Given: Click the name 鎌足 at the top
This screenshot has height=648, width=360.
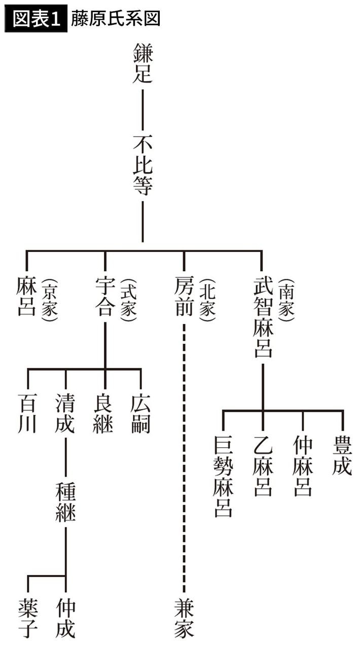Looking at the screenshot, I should tap(142, 63).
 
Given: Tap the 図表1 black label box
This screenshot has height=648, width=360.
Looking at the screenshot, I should tap(35, 18).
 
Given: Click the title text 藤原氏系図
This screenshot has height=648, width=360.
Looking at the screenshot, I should tap(116, 18).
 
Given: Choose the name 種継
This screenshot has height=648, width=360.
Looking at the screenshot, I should tap(65, 502).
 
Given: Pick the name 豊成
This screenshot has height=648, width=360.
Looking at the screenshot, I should tap(342, 456).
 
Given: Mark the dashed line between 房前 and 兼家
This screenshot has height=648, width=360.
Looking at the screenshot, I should tap(184, 456).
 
